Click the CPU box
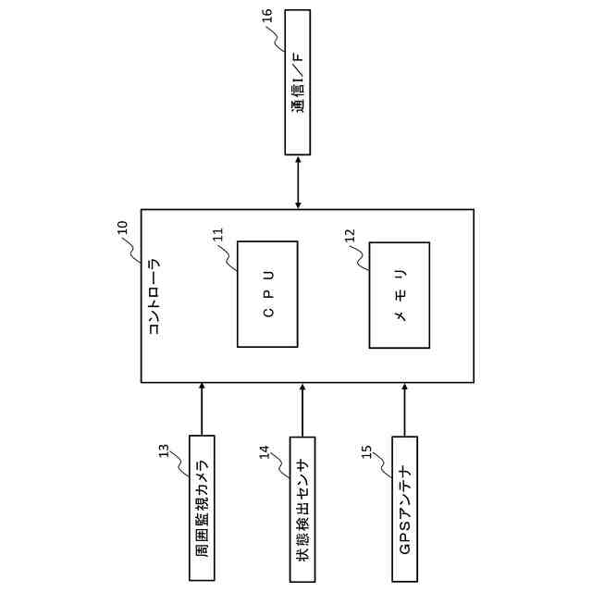pos(267,293)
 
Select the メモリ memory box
pos(400,294)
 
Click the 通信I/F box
pos(297,83)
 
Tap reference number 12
pos(350,234)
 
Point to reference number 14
pos(265,450)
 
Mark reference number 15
pos(366,450)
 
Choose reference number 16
pos(267,15)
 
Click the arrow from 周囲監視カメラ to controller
pos(202,409)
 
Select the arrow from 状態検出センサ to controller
pos(302,409)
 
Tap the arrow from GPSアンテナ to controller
pos(404,409)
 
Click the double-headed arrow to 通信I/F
pos(297,182)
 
